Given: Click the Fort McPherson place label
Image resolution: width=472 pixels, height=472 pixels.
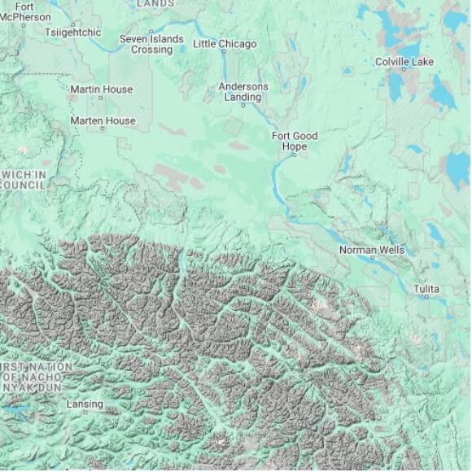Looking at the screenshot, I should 24,11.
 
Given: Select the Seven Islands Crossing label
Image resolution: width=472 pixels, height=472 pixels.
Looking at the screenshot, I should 151,44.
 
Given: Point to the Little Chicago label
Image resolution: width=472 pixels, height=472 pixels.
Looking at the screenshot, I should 225,44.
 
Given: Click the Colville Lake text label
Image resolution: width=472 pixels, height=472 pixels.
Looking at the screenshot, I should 404,62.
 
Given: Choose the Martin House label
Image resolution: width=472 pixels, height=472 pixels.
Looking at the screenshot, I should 101,90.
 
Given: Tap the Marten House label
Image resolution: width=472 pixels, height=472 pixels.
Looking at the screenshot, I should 103,121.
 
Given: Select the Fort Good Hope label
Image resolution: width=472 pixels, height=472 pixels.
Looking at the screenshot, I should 295,141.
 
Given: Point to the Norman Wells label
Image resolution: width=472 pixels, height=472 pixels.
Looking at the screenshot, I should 372,250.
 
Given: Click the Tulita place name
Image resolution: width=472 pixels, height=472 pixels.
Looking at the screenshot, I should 426,289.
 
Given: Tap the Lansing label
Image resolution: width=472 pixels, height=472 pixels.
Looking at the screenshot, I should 85,404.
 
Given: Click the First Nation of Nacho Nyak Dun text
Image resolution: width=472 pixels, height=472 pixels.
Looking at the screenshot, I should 37,378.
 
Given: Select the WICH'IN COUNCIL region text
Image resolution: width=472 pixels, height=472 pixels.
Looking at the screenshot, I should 23,180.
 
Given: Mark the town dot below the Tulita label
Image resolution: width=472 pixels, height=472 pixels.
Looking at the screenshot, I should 426,298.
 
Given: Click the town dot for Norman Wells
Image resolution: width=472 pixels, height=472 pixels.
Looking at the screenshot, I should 373,258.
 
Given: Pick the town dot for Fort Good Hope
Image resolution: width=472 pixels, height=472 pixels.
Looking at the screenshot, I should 295,154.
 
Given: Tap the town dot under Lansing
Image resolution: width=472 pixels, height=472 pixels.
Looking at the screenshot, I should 85,413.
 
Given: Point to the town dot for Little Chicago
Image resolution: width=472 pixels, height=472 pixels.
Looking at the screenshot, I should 225,52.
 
